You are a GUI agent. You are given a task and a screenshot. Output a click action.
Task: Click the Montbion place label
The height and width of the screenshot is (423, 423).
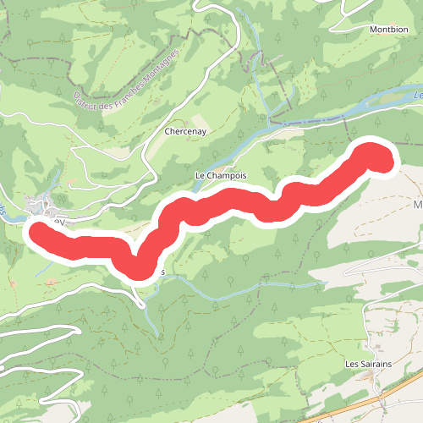tap(389, 28)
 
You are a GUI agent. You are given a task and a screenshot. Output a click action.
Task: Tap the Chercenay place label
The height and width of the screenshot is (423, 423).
tap(187, 133)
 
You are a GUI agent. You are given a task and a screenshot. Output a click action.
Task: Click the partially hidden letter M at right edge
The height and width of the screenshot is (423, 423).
tap(417, 205)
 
